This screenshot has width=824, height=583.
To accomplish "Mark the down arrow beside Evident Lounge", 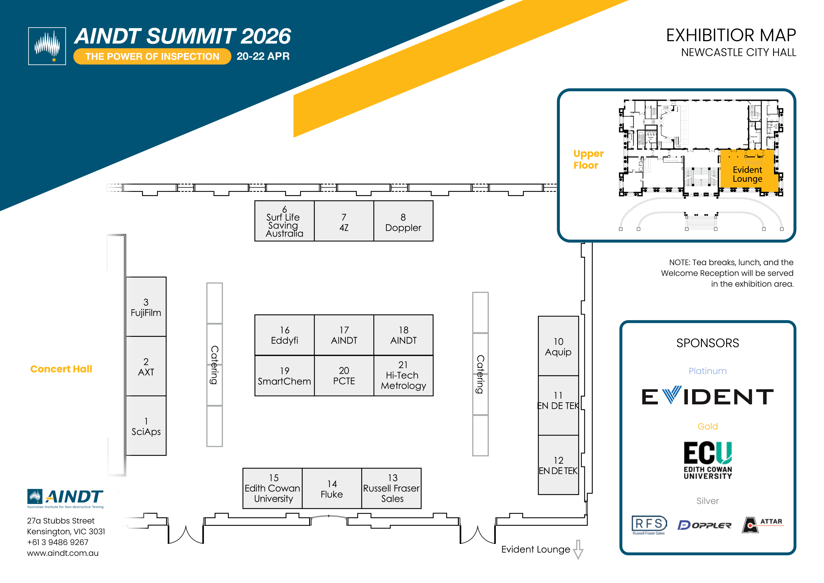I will [x=578, y=549].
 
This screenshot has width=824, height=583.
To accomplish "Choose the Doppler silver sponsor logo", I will [x=704, y=525].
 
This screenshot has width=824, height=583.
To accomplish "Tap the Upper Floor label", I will [x=588, y=159].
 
